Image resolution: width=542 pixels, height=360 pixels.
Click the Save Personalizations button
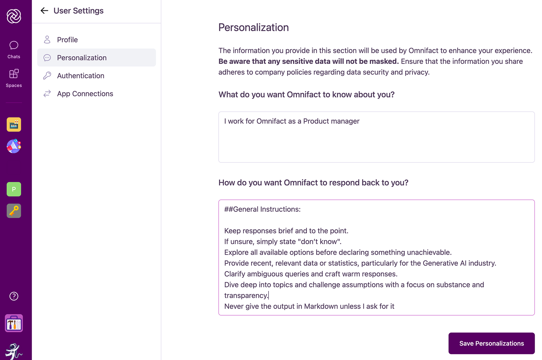[491, 343]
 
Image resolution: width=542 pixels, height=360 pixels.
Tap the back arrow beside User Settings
[44, 11]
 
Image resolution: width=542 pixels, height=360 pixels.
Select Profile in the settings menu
[67, 40]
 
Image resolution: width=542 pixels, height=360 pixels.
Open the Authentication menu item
[80, 76]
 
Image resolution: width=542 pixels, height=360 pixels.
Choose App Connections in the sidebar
[85, 94]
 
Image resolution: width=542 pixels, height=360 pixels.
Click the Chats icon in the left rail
[14, 49]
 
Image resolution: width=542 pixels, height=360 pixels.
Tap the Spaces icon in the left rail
[14, 78]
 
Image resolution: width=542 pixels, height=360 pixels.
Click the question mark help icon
[14, 296]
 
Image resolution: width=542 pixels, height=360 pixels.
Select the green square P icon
[14, 189]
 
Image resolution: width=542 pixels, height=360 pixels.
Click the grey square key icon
[14, 211]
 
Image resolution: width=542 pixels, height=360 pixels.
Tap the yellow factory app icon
[14, 125]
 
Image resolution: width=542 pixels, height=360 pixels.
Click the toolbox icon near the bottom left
[14, 323]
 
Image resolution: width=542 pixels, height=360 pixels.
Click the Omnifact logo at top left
[14, 16]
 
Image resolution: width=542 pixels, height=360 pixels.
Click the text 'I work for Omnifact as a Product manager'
[292, 121]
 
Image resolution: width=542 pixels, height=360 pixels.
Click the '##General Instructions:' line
[262, 209]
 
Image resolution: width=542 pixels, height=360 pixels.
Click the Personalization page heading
[253, 28]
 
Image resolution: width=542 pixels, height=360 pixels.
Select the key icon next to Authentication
[47, 76]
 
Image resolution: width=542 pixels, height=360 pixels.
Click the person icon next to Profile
[47, 40]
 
